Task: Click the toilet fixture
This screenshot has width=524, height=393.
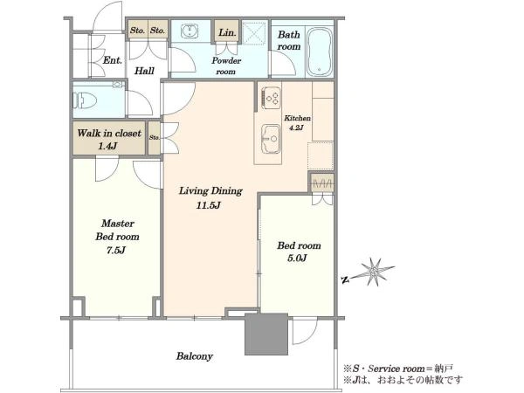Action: (85, 100)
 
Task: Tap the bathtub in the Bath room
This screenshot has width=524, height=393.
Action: (320, 52)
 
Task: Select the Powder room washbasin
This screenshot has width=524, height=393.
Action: (190, 31)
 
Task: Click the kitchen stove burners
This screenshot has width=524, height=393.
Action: (271, 98)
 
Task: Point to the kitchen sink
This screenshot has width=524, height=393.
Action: (271, 139)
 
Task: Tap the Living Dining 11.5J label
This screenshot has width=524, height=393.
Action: (210, 197)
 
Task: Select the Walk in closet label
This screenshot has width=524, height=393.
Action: (109, 134)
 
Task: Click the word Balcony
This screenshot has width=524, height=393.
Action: (195, 356)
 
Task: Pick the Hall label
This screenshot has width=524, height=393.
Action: (144, 71)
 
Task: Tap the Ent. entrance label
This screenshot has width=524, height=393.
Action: (113, 60)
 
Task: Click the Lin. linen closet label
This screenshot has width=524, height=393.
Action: (227, 33)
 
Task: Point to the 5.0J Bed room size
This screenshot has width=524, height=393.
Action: (297, 258)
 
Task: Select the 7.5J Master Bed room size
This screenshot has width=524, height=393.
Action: (115, 250)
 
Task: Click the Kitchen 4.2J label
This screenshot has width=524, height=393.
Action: (297, 122)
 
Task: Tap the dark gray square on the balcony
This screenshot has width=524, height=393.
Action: (266, 334)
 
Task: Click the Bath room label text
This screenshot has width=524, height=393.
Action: (289, 40)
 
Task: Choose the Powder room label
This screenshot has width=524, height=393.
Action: (226, 65)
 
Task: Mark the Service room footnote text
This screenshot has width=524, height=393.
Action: (399, 369)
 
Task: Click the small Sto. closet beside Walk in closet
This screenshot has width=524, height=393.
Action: (154, 138)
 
